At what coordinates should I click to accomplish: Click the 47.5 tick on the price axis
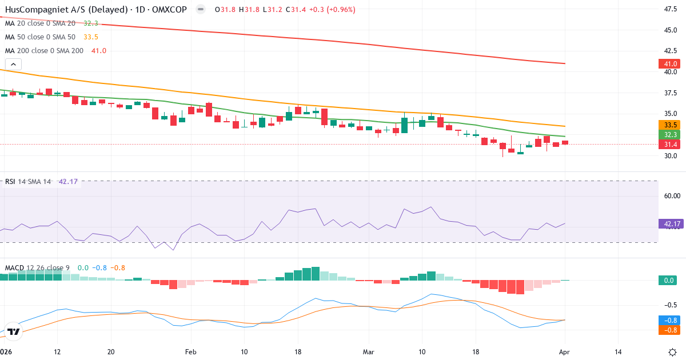click(671, 9)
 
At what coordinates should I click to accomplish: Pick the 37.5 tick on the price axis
click(671, 93)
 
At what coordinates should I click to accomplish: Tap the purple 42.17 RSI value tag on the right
click(671, 224)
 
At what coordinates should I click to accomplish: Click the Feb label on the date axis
click(191, 351)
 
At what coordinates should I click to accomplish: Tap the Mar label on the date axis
click(368, 351)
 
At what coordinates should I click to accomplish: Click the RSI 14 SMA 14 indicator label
click(28, 182)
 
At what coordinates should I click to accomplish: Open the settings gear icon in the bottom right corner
click(673, 351)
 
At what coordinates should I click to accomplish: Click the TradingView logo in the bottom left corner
click(14, 331)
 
